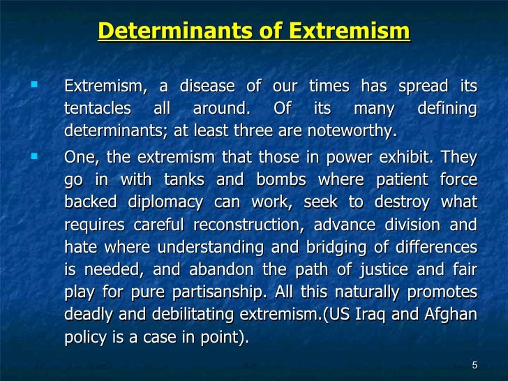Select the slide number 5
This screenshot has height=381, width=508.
475,366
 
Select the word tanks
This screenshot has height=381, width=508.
184,180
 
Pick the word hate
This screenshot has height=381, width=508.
77,248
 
